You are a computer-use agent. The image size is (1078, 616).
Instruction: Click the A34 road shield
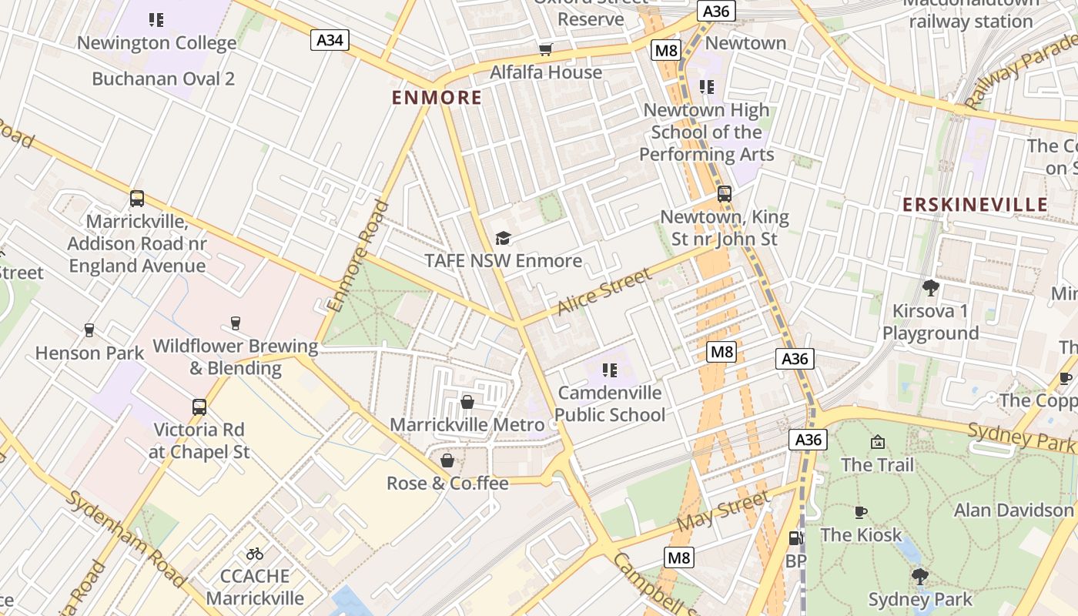[330, 39]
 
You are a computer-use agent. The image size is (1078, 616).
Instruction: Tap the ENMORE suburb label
[437, 98]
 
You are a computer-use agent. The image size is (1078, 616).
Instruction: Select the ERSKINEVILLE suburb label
[975, 204]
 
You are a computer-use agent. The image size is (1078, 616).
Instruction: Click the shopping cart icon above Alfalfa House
[546, 50]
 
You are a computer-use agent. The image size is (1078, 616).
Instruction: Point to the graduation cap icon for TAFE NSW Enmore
[503, 238]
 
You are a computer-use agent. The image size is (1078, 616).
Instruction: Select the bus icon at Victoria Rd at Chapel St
[199, 407]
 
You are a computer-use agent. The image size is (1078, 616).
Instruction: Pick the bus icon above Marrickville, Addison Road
[137, 199]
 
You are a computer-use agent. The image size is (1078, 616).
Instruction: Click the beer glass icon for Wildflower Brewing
[236, 323]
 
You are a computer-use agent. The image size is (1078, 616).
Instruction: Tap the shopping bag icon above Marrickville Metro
[467, 402]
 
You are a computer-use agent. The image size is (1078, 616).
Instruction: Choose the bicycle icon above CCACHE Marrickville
[255, 554]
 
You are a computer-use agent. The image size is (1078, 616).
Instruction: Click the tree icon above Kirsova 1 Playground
[930, 289]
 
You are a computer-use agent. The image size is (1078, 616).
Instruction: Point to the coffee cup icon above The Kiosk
[861, 512]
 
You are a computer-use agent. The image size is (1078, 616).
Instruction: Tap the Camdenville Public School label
[609, 404]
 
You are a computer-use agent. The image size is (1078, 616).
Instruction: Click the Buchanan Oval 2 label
[163, 79]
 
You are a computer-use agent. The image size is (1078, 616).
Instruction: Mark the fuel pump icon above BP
[795, 538]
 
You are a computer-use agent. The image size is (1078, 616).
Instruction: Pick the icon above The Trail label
[877, 442]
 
